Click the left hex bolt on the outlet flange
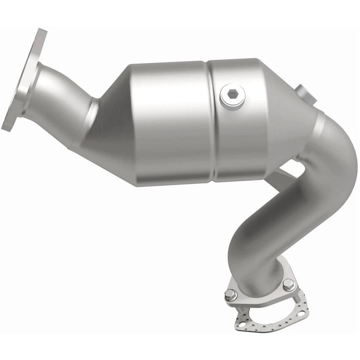(230, 295)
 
